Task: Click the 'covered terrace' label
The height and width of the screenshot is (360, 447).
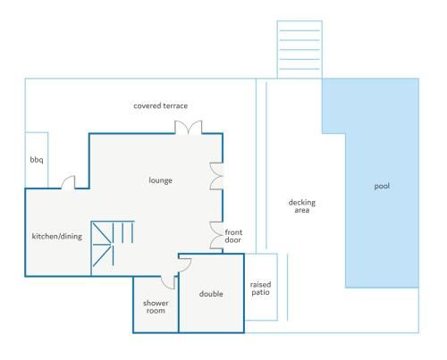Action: (x=160, y=105)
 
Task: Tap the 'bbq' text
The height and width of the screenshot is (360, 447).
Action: (x=37, y=160)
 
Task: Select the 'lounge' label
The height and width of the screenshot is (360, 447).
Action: (x=160, y=180)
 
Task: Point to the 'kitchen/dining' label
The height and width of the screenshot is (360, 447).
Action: (x=57, y=237)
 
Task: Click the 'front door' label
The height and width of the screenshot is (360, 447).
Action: (x=233, y=236)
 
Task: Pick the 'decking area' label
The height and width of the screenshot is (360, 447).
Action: (x=302, y=206)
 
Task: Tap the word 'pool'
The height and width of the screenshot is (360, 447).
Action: (x=382, y=186)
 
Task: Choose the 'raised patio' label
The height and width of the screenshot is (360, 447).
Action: (x=260, y=289)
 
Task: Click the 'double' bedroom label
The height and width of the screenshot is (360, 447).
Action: (x=211, y=294)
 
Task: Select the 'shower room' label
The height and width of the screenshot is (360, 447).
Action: (x=156, y=306)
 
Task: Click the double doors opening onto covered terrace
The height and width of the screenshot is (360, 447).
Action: (x=189, y=128)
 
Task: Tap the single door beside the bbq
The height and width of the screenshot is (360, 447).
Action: (x=68, y=182)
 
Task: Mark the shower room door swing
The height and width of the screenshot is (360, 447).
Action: (x=168, y=282)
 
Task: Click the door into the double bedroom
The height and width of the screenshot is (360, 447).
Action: (x=185, y=264)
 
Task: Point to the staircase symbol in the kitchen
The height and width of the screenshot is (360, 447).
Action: (x=113, y=244)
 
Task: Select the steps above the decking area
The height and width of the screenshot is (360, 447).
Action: (x=299, y=49)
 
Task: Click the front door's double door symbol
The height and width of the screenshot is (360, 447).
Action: (x=216, y=235)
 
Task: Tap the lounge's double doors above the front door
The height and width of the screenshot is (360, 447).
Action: (x=216, y=176)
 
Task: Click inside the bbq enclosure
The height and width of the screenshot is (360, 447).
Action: (x=37, y=160)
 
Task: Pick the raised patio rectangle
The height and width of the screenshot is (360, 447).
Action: (x=261, y=287)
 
